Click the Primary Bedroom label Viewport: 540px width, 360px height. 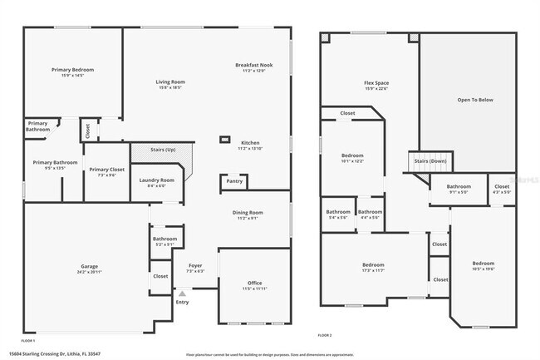click(x=72, y=70)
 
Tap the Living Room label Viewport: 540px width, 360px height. click(x=170, y=81)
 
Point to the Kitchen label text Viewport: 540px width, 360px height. click(x=250, y=142)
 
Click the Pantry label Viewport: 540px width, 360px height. click(x=234, y=181)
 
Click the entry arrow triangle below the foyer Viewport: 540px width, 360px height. click(x=182, y=293)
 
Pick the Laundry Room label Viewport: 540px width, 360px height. click(x=157, y=180)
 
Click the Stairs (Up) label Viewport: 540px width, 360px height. click(x=163, y=150)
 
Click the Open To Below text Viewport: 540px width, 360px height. click(x=475, y=100)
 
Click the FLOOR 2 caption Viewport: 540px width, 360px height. click(x=325, y=335)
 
